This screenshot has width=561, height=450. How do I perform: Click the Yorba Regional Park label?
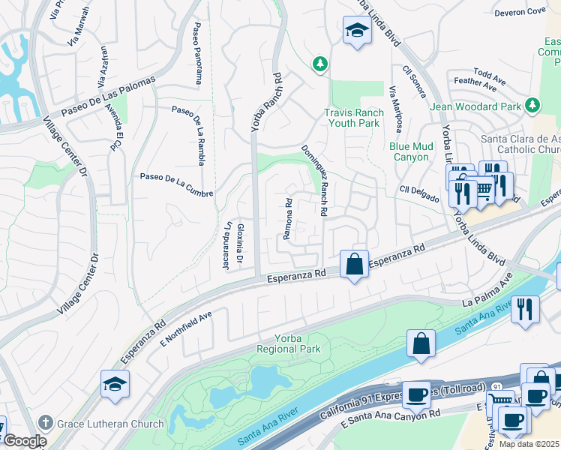click(288, 343)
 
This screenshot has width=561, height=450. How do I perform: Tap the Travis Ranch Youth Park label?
click(354, 118)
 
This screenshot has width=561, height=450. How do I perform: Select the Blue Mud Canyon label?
click(409, 151)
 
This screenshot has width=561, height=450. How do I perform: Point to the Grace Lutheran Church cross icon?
click(47, 424)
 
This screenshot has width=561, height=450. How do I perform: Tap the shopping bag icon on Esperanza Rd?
click(354, 265)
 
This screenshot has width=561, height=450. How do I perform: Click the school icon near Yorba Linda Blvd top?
click(355, 31)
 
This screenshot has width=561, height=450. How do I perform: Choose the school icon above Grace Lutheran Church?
click(115, 385)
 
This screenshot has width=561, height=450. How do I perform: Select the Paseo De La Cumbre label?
click(176, 185)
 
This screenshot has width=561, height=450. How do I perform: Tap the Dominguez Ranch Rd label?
click(315, 181)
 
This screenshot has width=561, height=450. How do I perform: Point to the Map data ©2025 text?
click(529, 444)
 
